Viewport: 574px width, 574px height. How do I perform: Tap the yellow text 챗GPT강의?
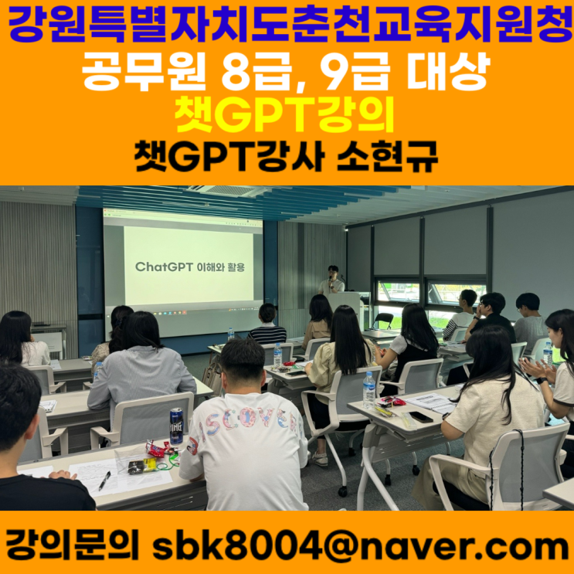click(x=284, y=114)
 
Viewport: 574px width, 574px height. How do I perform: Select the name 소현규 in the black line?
click(x=387, y=157)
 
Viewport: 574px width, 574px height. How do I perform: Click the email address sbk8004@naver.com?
click(x=360, y=548)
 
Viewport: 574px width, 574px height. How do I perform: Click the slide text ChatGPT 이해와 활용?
click(x=189, y=267)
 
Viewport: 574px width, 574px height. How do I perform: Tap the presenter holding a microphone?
click(x=331, y=280)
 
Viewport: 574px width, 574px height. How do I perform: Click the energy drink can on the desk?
click(x=176, y=426)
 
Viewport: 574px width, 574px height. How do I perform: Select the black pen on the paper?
click(x=104, y=481)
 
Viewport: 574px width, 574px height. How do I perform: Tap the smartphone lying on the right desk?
click(x=421, y=416)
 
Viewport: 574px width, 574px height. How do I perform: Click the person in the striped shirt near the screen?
click(x=267, y=324)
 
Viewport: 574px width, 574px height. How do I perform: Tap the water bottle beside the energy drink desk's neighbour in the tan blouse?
click(x=369, y=390)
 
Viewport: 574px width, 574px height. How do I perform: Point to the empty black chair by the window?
click(x=383, y=321)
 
